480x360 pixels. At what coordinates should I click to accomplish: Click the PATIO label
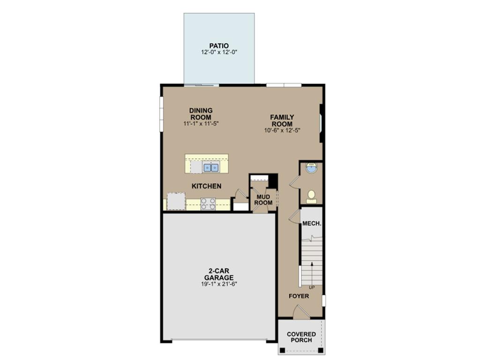(219, 46)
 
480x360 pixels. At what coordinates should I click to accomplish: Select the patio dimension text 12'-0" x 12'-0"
(219, 52)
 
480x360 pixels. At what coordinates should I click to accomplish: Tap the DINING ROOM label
(201, 114)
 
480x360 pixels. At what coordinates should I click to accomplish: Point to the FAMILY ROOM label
(282, 120)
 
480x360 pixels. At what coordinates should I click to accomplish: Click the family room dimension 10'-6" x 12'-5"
(282, 130)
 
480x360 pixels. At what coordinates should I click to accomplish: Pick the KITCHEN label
(206, 186)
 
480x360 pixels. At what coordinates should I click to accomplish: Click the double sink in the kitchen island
(211, 167)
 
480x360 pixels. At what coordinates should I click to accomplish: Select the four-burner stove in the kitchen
(208, 204)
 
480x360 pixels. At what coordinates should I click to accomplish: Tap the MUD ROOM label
(263, 200)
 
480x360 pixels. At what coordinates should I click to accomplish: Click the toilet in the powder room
(311, 197)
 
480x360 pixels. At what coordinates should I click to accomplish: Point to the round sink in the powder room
(311, 168)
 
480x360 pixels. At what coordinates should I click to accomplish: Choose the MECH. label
(312, 224)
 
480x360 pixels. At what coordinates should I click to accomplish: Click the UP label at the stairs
(312, 287)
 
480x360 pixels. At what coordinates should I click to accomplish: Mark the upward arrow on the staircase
(312, 273)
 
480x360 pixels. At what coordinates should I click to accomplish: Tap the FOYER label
(299, 296)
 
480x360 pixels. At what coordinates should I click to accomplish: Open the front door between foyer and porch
(301, 312)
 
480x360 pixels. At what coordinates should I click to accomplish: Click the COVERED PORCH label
(301, 337)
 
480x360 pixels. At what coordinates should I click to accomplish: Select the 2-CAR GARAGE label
(219, 274)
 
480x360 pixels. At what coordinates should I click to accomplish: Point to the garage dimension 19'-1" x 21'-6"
(219, 284)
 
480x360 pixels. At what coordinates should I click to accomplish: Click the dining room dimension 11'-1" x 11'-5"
(201, 123)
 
